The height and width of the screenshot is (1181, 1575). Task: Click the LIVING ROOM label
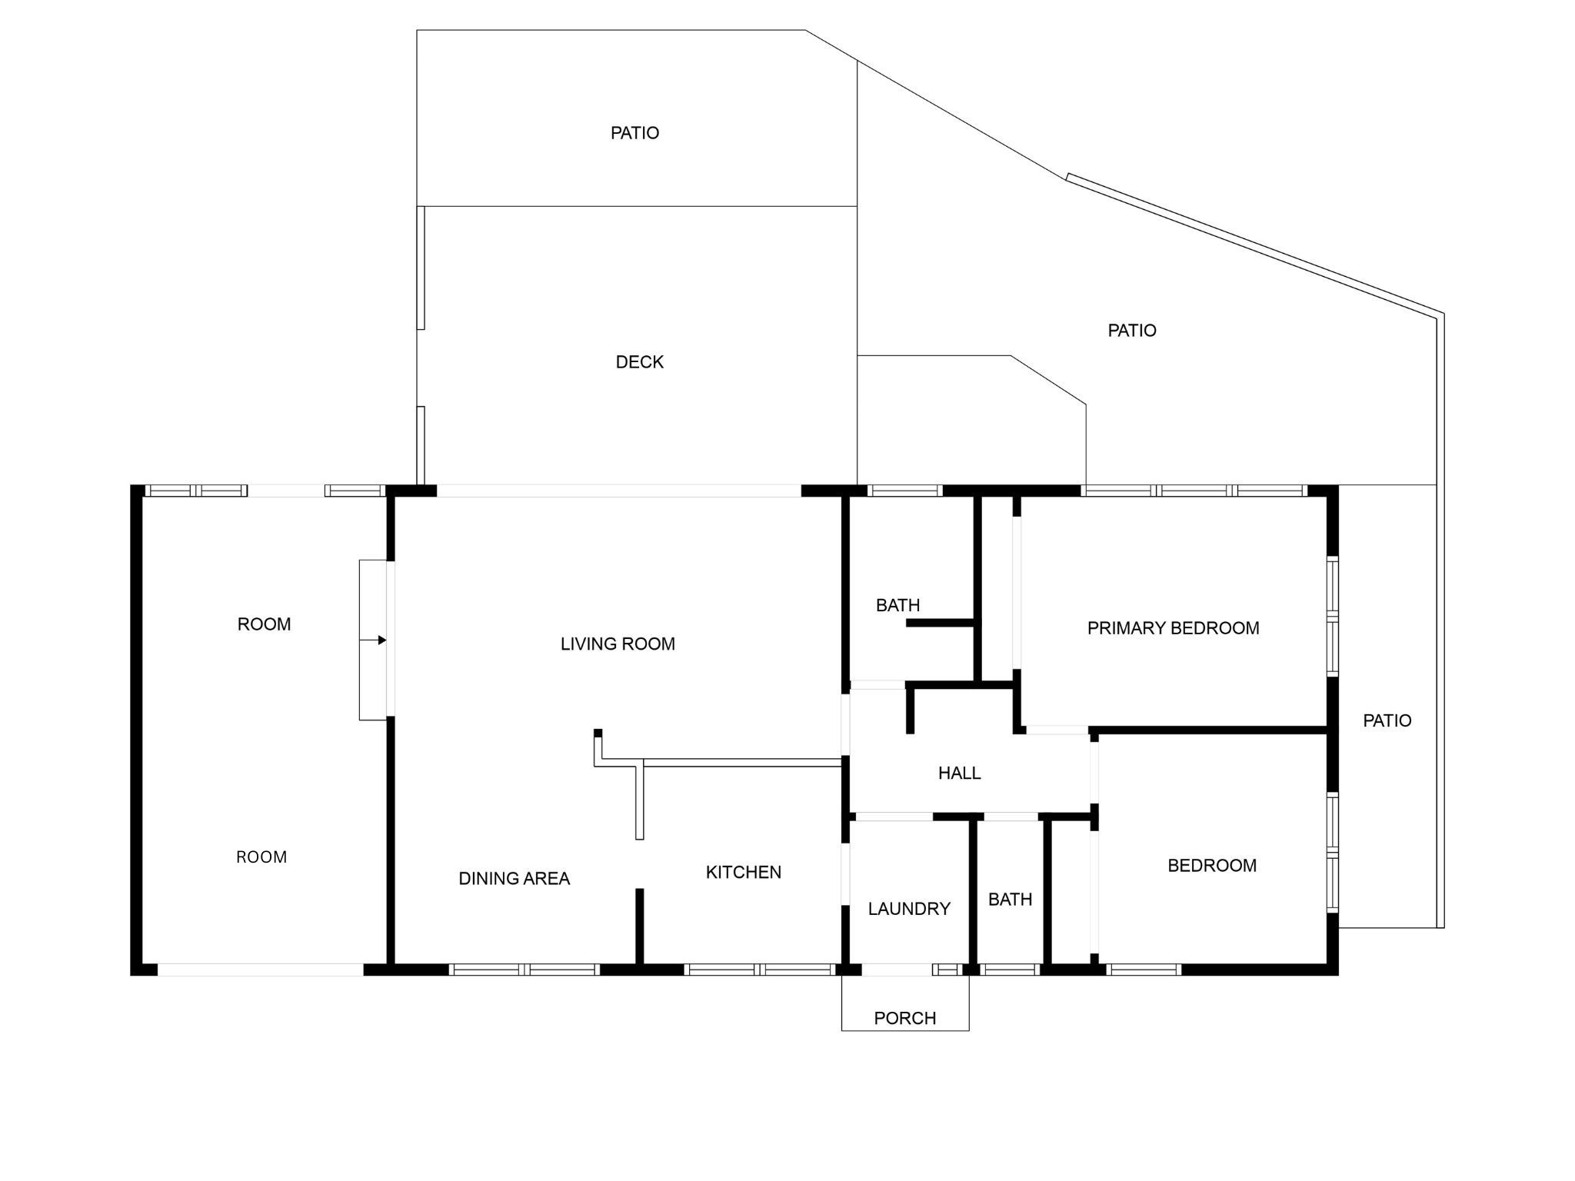point(618,644)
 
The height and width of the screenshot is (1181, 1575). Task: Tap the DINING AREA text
point(514,879)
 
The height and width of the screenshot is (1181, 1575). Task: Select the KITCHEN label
point(744,872)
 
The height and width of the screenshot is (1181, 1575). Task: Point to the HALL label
point(959,773)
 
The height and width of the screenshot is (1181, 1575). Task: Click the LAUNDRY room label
point(909,909)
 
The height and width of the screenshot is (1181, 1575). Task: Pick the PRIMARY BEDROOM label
point(1173,628)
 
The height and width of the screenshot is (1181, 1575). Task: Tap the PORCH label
point(905,1018)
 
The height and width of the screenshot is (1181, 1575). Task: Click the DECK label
point(639,362)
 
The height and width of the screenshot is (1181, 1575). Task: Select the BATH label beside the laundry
point(1010,899)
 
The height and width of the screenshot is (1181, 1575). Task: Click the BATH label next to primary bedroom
point(897,605)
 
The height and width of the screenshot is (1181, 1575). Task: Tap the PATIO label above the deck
point(634,133)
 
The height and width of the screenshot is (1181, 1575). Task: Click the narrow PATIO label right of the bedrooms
point(1387,720)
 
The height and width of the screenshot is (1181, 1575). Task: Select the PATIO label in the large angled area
point(1131,331)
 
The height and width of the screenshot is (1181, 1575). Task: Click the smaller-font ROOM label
point(261,857)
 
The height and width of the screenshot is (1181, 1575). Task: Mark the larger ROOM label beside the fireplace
point(264,624)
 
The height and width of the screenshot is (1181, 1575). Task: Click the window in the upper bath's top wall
point(904,491)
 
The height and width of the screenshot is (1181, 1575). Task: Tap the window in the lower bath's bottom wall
point(1011,970)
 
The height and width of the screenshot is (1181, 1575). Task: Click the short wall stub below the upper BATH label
point(941,622)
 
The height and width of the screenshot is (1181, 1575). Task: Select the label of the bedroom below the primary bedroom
point(1212,866)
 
